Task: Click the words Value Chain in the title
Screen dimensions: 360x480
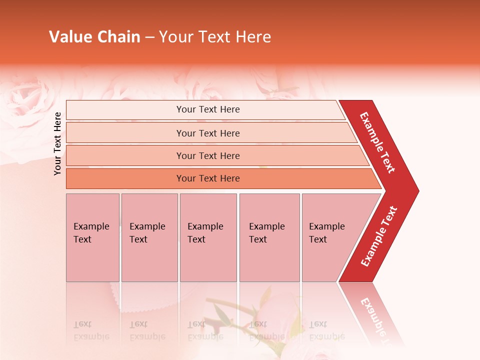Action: [94, 37]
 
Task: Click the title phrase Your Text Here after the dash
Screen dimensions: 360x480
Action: [215, 37]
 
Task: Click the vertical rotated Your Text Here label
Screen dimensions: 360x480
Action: [57, 143]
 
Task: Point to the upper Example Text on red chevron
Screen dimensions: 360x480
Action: [377, 142]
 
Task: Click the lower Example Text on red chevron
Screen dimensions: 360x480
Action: [379, 236]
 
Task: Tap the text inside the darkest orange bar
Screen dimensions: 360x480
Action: [208, 178]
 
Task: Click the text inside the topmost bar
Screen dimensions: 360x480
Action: [208, 109]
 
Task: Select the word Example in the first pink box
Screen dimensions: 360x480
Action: [91, 226]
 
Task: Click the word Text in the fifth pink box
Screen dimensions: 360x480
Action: [318, 239]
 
